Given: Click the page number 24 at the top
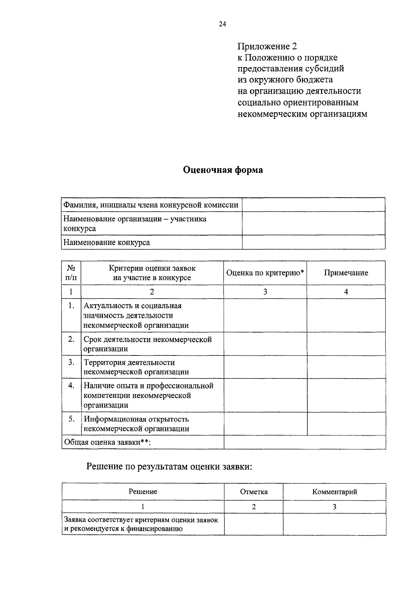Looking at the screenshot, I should (222, 24).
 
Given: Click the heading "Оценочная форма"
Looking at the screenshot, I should (223, 170).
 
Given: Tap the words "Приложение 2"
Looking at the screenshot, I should (267, 46).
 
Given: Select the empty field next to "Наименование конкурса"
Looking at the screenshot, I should (313, 242).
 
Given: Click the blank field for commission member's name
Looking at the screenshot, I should (313, 205).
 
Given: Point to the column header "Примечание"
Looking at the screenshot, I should (346, 273).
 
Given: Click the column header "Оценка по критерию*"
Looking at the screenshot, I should (265, 273).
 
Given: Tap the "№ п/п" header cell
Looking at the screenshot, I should (71, 273).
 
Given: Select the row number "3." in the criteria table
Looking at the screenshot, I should (71, 362).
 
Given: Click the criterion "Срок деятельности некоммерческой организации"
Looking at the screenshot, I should (148, 344).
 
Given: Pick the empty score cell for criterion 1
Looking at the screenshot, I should (265, 315).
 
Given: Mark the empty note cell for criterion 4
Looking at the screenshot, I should (346, 395).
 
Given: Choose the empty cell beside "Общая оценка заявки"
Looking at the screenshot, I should (304, 442).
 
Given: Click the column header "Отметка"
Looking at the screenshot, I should (254, 492).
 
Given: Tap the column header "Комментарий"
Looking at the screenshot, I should (334, 492).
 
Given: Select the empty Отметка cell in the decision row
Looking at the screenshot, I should (254, 524).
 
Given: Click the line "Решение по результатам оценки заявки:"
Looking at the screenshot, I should (169, 466).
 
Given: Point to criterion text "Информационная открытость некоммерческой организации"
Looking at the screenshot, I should (137, 424).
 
